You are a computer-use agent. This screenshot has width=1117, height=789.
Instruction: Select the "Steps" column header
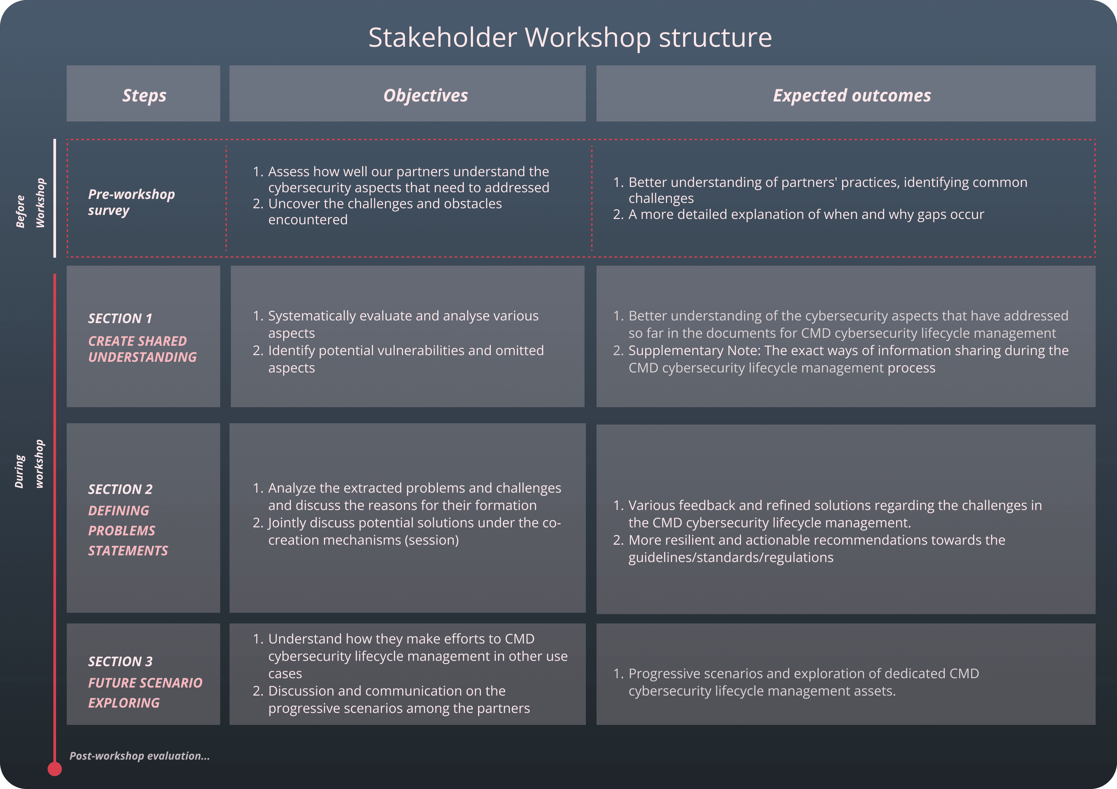point(144,95)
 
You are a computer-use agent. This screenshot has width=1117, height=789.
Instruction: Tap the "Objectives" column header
point(426,95)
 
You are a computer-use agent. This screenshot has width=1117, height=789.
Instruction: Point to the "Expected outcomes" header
point(852,95)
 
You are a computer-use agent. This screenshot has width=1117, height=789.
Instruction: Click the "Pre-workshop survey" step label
point(131,202)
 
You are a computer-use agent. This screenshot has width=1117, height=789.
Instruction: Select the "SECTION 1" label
point(120,318)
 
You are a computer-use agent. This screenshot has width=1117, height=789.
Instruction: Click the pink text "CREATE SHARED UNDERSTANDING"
point(142,349)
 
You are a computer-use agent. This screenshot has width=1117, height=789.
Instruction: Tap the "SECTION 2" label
point(120,489)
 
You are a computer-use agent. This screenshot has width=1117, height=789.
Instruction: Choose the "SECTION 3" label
point(120,662)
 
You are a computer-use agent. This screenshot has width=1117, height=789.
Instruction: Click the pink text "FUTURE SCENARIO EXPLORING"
point(145,693)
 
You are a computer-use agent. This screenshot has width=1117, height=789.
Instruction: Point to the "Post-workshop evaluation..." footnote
point(139,756)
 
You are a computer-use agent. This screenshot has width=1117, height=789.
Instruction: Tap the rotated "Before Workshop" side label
point(30,203)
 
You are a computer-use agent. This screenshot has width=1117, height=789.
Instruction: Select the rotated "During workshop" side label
point(29,464)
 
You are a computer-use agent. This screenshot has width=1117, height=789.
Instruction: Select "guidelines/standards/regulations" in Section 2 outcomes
point(731,557)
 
